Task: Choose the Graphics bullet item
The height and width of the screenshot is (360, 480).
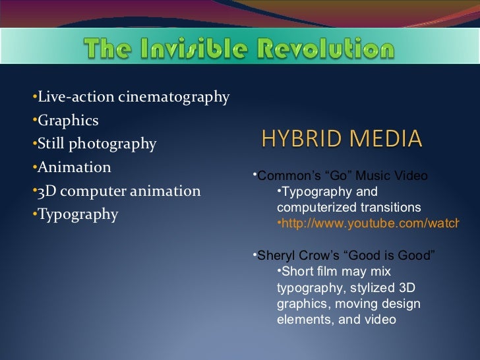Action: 68,121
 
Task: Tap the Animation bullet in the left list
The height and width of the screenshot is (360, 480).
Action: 75,167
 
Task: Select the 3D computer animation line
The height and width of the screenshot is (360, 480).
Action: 119,191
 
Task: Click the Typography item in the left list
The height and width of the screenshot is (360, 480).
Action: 78,215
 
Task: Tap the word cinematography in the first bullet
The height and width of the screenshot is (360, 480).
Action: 174,98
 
